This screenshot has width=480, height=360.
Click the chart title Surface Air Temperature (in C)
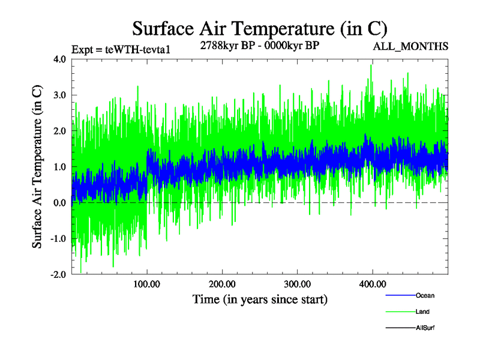260,28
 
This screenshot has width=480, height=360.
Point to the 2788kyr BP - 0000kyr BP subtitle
259,45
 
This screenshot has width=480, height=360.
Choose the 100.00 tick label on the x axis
147,284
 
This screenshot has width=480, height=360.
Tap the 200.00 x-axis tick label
222,284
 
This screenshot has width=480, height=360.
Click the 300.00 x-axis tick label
297,284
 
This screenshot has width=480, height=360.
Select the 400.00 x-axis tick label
372,284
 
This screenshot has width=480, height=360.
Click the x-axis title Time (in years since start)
260,298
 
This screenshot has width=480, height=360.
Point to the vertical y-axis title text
37,167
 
